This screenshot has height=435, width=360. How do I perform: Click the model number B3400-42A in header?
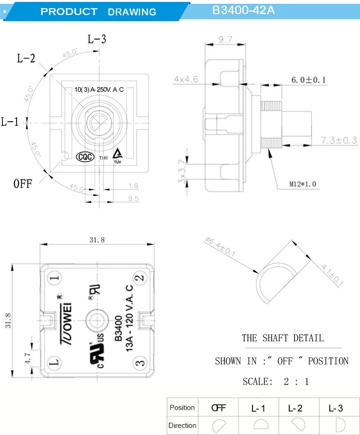click(243, 10)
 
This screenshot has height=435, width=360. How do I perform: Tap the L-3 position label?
click(97, 39)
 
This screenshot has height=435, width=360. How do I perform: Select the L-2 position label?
click(26, 58)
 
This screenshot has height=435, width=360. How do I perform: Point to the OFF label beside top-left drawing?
click(23, 183)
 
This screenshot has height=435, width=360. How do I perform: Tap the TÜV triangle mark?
click(117, 155)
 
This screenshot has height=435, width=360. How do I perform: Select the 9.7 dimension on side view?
click(225, 40)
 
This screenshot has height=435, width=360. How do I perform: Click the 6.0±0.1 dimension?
click(308, 80)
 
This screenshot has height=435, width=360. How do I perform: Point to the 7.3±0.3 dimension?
click(339, 140)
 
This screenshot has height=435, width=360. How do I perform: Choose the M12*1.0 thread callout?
click(303, 183)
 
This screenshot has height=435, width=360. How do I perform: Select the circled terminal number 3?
click(139, 363)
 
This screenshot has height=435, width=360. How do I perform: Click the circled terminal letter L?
click(55, 363)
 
